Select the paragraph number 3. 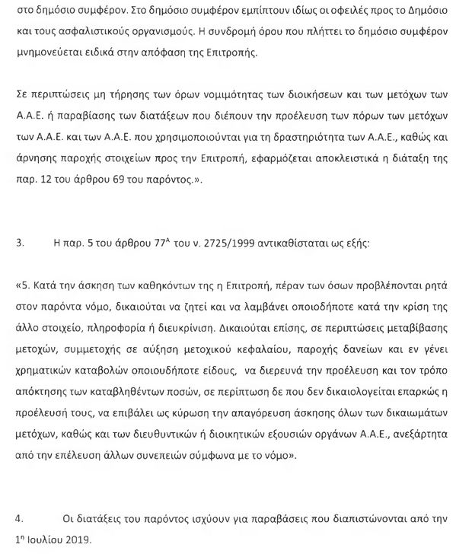19,247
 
